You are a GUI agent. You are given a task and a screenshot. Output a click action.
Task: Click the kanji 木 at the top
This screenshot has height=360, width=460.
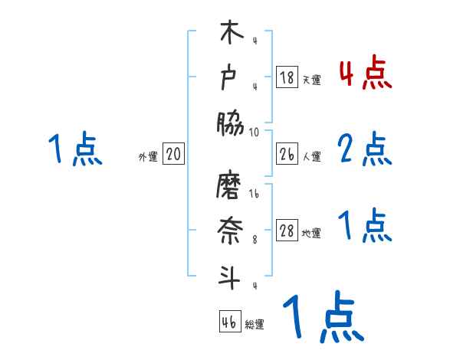(x=231, y=35)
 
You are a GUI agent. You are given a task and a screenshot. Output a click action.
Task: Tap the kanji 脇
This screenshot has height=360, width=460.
(x=231, y=123)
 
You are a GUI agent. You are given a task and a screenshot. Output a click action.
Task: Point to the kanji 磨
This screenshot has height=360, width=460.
(x=231, y=185)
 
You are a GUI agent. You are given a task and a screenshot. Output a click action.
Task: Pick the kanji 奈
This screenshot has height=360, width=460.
(x=231, y=229)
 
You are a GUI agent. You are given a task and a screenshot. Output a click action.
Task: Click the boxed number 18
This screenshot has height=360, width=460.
(x=287, y=77)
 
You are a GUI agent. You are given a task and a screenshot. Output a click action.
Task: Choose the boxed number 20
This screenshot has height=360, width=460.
(x=174, y=155)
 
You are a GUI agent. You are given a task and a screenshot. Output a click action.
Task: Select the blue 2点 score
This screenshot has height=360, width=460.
(x=365, y=150)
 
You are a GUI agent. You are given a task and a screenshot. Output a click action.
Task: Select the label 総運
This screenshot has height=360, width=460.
(x=255, y=324)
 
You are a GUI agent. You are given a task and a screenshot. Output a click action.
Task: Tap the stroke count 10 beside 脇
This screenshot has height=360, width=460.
(x=255, y=132)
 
